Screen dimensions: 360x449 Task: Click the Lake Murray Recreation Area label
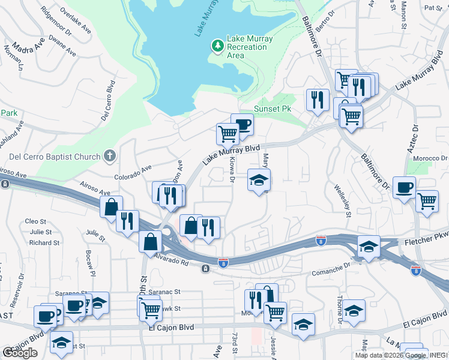pos(249,47)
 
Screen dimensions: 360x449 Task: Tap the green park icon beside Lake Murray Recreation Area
pos(217,46)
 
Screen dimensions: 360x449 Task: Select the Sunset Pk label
pos(272,109)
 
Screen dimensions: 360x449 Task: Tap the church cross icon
pos(109,157)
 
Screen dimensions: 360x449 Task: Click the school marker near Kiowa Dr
pos(259,180)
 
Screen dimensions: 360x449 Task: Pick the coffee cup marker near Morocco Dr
pos(403,187)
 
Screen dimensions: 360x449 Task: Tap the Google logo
pos(20,352)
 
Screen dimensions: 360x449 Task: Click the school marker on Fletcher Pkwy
pos(369,247)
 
